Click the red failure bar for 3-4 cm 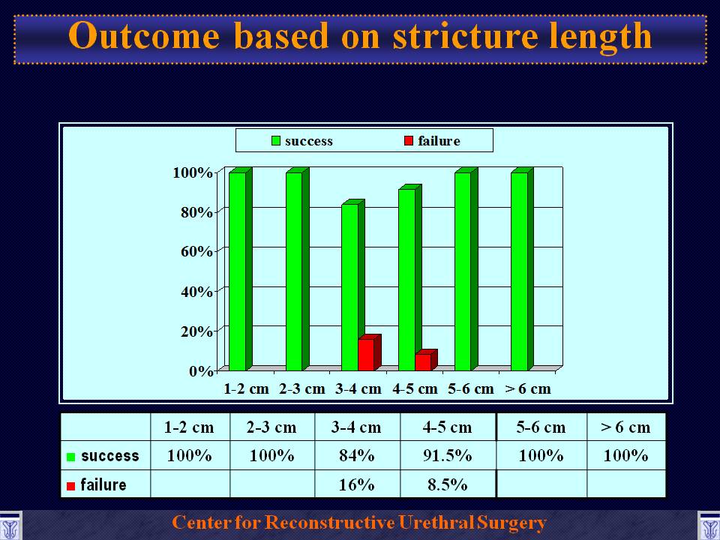(x=369, y=352)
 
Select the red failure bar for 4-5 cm (x=426, y=360)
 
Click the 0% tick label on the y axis (x=201, y=370)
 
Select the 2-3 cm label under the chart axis (x=301, y=389)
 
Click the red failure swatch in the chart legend (x=408, y=140)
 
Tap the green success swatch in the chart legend (x=275, y=140)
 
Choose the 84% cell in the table (x=357, y=455)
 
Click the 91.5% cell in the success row (x=448, y=455)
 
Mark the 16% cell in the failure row (x=357, y=484)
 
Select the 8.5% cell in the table (x=448, y=484)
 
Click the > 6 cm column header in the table (x=625, y=427)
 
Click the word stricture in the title (x=465, y=36)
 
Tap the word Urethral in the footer (x=435, y=523)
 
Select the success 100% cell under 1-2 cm (x=190, y=455)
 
